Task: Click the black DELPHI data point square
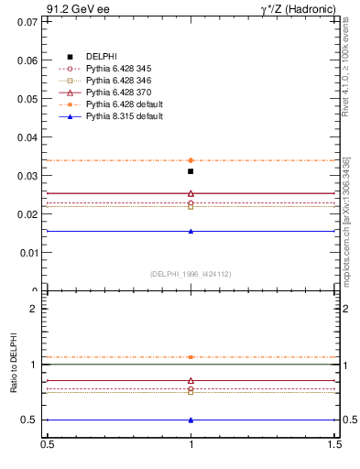191,171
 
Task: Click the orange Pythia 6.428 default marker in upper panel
191,160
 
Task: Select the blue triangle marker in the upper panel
191,231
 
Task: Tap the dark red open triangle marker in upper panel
191,193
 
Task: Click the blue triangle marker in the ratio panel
191,420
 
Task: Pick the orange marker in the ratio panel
191,357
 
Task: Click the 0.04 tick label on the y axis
27,136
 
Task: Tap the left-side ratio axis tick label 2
34,309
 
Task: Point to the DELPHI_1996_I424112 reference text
191,273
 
